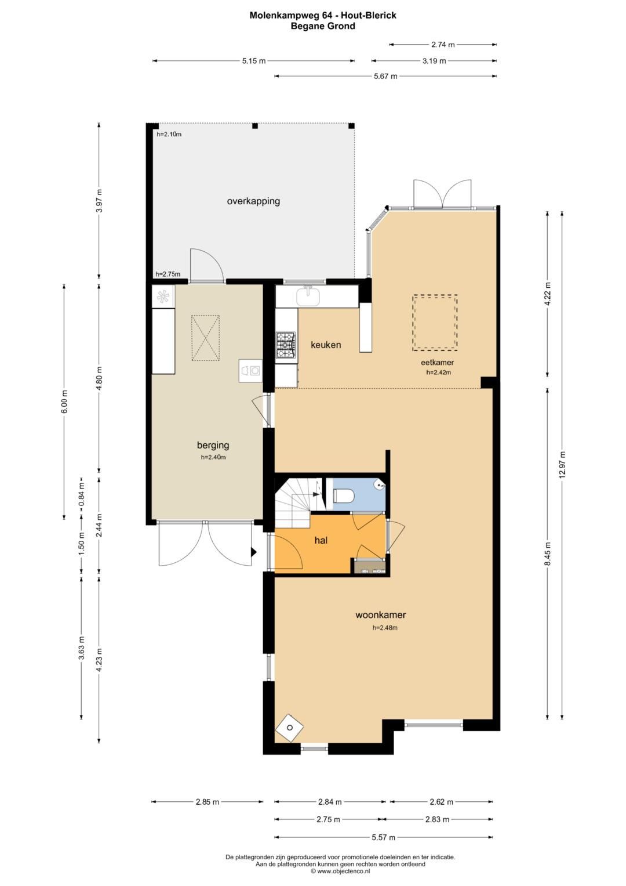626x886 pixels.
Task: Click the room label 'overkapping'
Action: [253, 201]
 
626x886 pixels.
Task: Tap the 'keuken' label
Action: [326, 345]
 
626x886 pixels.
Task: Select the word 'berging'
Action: [213, 446]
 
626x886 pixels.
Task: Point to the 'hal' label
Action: [321, 540]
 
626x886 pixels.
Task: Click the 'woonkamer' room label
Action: [381, 615]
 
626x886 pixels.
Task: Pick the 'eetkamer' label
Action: [437, 362]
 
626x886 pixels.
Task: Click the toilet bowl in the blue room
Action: [344, 496]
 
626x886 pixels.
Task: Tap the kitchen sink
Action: [308, 296]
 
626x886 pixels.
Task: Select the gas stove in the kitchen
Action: [286, 346]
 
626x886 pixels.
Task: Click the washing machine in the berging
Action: [250, 371]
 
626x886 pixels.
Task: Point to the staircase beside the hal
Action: [299, 502]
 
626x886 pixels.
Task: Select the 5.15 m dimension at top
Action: [254, 61]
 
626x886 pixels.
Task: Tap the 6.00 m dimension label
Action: [64, 402]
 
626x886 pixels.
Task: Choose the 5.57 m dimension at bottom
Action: [383, 837]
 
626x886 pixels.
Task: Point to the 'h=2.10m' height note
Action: [169, 134]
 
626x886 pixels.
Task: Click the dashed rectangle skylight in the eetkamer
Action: [435, 323]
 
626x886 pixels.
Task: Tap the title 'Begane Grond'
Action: [323, 27]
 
